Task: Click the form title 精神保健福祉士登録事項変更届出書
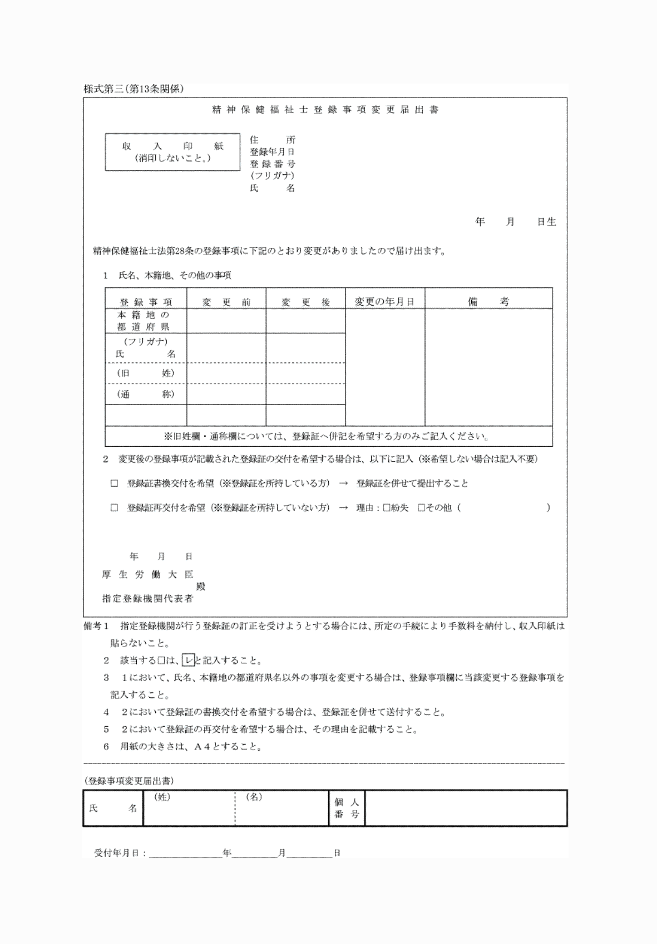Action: [x=325, y=110]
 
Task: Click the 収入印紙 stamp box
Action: [x=172, y=151]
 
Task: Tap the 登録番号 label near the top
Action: [x=273, y=164]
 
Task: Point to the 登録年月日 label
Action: [x=273, y=151]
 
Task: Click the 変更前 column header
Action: [x=226, y=302]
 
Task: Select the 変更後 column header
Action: [x=305, y=302]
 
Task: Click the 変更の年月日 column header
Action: [x=385, y=302]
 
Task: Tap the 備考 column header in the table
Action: [x=488, y=302]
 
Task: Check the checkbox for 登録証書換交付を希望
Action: [x=114, y=483]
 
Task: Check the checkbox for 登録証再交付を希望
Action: [x=114, y=508]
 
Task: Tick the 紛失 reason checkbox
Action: [x=387, y=508]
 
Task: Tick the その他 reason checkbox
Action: [x=421, y=508]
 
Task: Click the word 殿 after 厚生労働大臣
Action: [x=201, y=586]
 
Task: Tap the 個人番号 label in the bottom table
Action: [x=347, y=808]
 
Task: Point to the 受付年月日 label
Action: [x=120, y=853]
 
